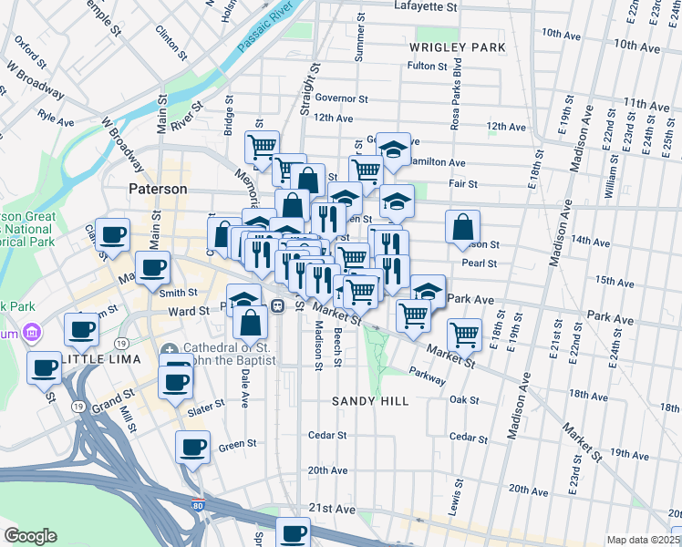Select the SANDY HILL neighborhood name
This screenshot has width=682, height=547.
pos(367,400)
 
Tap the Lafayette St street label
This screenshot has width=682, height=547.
pos(425,6)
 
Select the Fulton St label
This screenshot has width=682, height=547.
pos(428,66)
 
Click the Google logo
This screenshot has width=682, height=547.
pos(30,535)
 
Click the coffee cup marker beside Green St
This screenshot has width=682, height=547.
pos(192,448)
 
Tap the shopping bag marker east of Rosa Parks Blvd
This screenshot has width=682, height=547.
pos(463,226)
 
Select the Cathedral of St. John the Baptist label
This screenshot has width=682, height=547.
pos(231,355)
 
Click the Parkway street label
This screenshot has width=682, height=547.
pos(426,372)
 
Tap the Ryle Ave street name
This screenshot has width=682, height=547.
pos(57,118)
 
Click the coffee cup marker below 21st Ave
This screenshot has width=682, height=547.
pos(293,533)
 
